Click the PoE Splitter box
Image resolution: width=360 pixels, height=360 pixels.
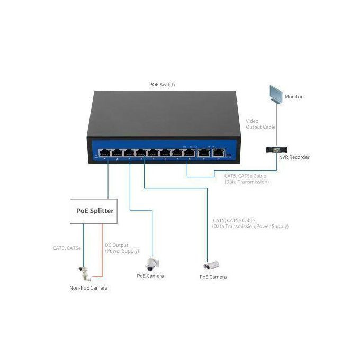[x=95, y=211]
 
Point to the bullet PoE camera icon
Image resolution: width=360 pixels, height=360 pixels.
[x=211, y=266]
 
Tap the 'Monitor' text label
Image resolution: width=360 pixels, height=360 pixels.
[x=294, y=97]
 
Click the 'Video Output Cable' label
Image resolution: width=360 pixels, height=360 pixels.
[x=261, y=124]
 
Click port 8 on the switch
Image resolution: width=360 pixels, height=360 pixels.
[x=188, y=154]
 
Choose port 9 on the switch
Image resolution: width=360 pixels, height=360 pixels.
[x=204, y=154]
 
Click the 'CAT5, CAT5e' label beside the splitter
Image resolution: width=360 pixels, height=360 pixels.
[x=67, y=248]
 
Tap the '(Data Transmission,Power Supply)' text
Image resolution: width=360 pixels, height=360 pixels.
[x=250, y=226]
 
